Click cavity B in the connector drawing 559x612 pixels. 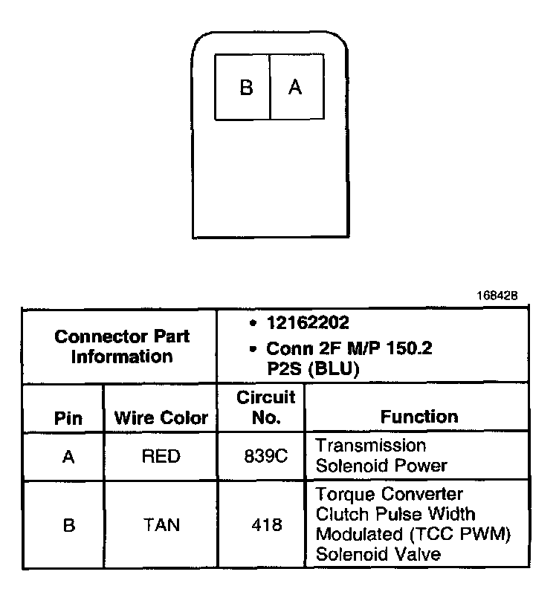(x=246, y=88)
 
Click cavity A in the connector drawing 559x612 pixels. (x=295, y=88)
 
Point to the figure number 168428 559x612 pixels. (x=497, y=296)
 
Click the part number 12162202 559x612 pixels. (x=308, y=323)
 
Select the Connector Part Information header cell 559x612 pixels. (x=122, y=346)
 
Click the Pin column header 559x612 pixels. (x=68, y=417)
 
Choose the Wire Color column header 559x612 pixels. (x=161, y=417)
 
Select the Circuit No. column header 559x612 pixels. (x=265, y=407)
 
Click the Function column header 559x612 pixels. (x=419, y=417)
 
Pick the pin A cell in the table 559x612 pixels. (x=68, y=456)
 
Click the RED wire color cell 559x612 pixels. (x=161, y=456)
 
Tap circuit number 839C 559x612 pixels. (x=265, y=456)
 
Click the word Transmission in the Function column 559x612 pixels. (x=371, y=446)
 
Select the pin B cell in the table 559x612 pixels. (x=68, y=525)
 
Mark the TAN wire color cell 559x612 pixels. (x=161, y=525)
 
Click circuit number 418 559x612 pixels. (x=265, y=525)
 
